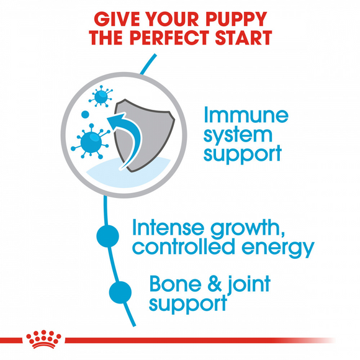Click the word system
(x=238, y=135)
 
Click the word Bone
(x=175, y=284)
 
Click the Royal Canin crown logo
(x=44, y=339)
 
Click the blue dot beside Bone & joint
(x=120, y=291)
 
